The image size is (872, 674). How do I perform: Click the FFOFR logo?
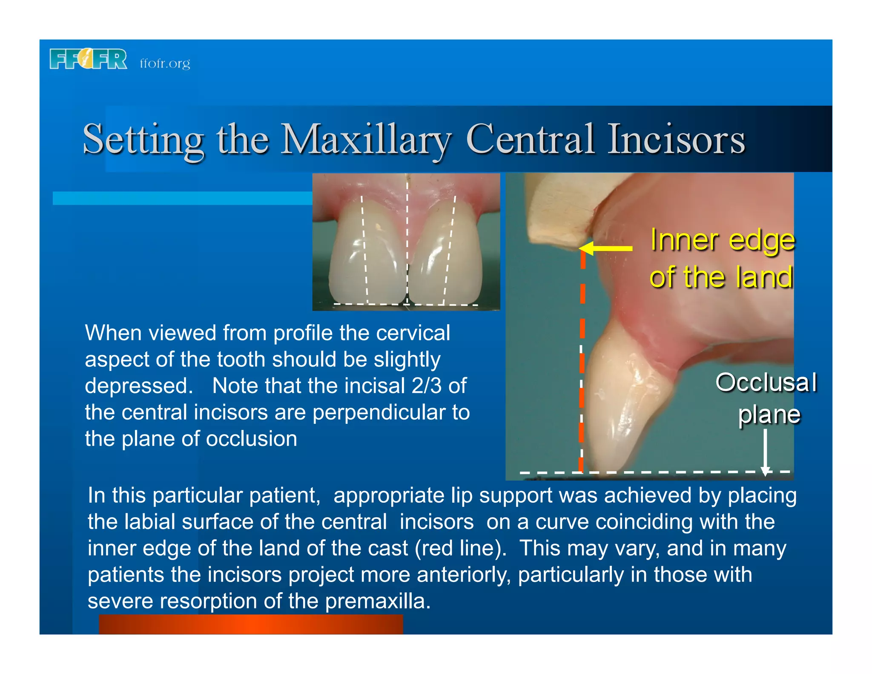click(88, 59)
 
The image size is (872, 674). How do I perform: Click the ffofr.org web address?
click(165, 63)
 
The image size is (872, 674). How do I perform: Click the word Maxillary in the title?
click(366, 139)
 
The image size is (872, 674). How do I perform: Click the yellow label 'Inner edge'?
click(722, 240)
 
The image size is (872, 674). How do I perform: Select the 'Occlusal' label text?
click(766, 382)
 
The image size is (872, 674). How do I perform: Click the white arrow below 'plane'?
click(765, 452)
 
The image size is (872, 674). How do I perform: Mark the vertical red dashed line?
click(582, 362)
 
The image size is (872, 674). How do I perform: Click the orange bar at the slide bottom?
click(251, 624)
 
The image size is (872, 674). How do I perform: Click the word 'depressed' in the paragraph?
click(136, 386)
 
